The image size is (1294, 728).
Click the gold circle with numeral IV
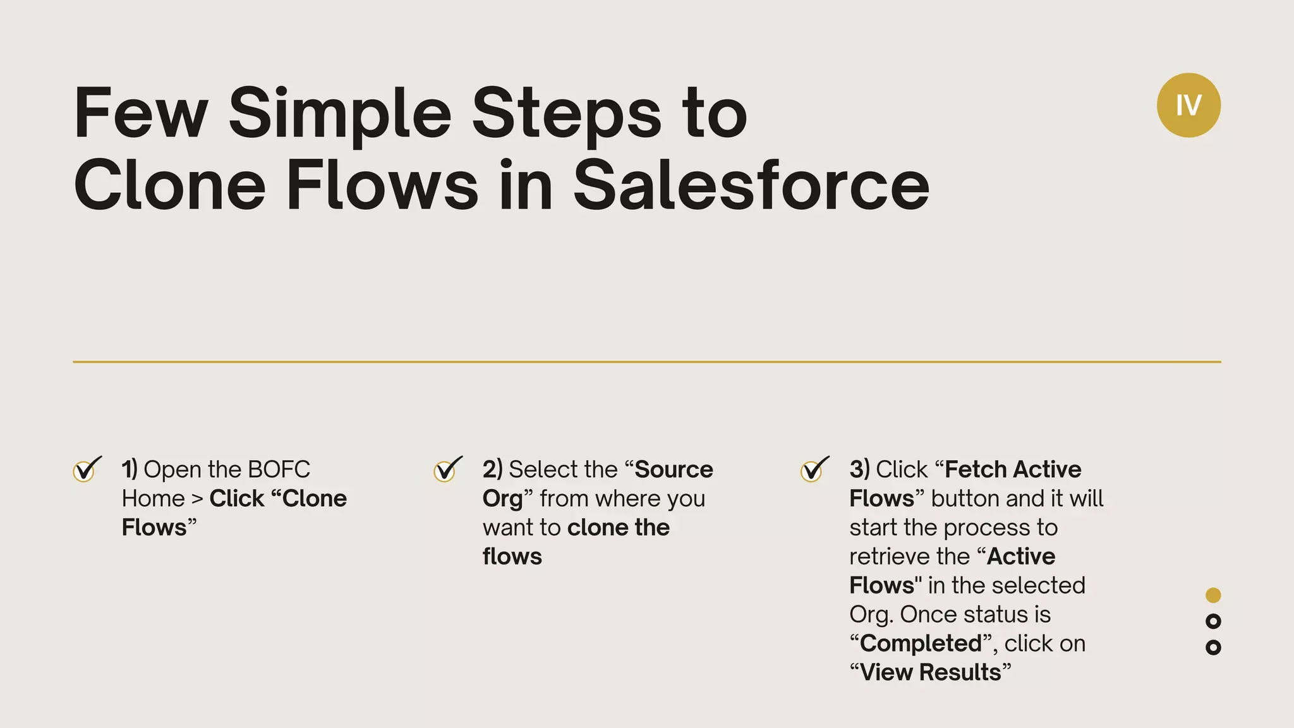[x=1188, y=105]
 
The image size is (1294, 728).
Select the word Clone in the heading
[x=169, y=184]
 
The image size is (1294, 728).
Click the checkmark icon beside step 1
[x=86, y=470]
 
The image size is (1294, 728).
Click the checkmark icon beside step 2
[x=447, y=470]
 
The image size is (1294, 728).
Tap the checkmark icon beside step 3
[x=813, y=470]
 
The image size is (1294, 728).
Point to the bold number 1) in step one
[x=130, y=470]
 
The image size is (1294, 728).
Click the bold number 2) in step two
[x=492, y=470]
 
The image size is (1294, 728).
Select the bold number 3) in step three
[x=859, y=470]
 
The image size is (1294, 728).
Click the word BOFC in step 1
[x=279, y=470]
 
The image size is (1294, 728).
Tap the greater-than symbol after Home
[x=197, y=499]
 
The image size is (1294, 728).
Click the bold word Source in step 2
[x=674, y=470]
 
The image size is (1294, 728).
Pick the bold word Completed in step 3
[x=921, y=643]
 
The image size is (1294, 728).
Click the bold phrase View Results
[x=930, y=672]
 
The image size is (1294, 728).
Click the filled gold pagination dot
[x=1213, y=595]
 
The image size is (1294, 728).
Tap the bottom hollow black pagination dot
[x=1213, y=647]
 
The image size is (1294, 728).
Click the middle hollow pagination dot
[x=1213, y=621]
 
